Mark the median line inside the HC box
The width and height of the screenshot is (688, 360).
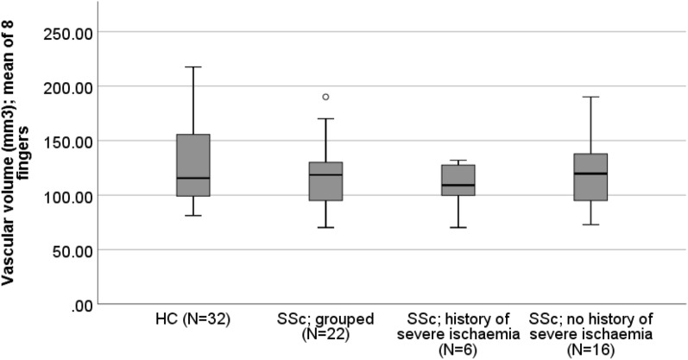coord(193,178)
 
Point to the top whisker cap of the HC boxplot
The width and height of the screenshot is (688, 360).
coord(193,66)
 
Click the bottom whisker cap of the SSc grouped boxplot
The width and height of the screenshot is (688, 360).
coord(325,227)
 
